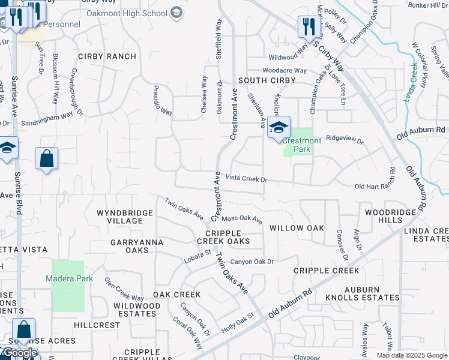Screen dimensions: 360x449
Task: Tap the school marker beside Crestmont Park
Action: pyautogui.click(x=279, y=128)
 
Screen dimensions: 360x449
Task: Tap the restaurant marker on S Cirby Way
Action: pyautogui.click(x=307, y=27)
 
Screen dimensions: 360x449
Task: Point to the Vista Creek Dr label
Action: pyautogui.click(x=246, y=179)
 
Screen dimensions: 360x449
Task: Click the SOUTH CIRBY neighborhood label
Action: pyautogui.click(x=267, y=80)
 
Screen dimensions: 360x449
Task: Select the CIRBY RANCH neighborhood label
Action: pyautogui.click(x=106, y=56)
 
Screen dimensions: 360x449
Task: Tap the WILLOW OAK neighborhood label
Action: pyautogui.click(x=297, y=228)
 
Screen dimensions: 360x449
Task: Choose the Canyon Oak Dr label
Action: pyautogui.click(x=252, y=262)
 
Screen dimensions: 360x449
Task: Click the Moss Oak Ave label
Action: pyautogui.click(x=242, y=219)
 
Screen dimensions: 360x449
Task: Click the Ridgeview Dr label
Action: pyautogui.click(x=345, y=139)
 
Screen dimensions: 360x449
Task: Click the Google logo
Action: pyautogui.click(x=19, y=353)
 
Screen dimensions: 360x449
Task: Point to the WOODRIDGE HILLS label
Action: pyautogui.click(x=390, y=217)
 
